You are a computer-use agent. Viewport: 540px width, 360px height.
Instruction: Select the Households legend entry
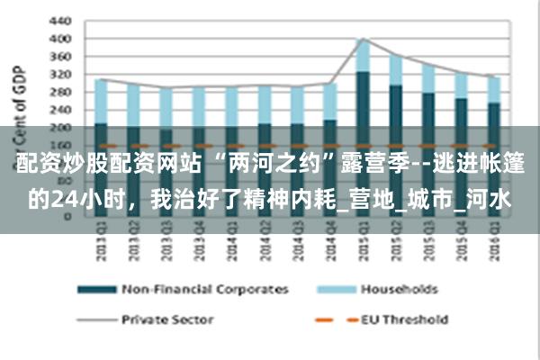399,290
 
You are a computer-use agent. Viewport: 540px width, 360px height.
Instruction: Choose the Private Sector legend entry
167,319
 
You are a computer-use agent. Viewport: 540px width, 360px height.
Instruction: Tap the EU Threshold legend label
404,319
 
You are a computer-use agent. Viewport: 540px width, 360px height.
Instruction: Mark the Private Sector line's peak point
362,39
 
